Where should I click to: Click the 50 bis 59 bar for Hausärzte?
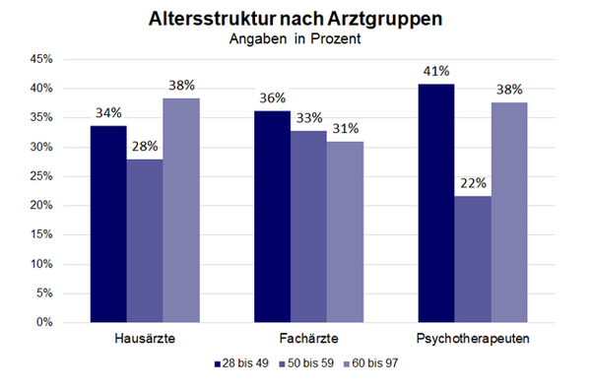(145, 240)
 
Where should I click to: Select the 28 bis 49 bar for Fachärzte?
(273, 216)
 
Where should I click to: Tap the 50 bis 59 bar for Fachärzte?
(309, 226)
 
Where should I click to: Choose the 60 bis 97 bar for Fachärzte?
(345, 231)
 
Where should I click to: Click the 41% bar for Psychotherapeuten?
(436, 203)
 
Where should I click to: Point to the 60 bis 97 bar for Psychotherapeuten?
(509, 212)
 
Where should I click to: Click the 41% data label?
(436, 71)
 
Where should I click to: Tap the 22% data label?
(473, 183)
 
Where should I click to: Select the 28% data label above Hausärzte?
(145, 147)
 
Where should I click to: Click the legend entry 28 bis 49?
(243, 363)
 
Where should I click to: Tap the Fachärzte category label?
(308, 339)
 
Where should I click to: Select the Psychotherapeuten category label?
(473, 339)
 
